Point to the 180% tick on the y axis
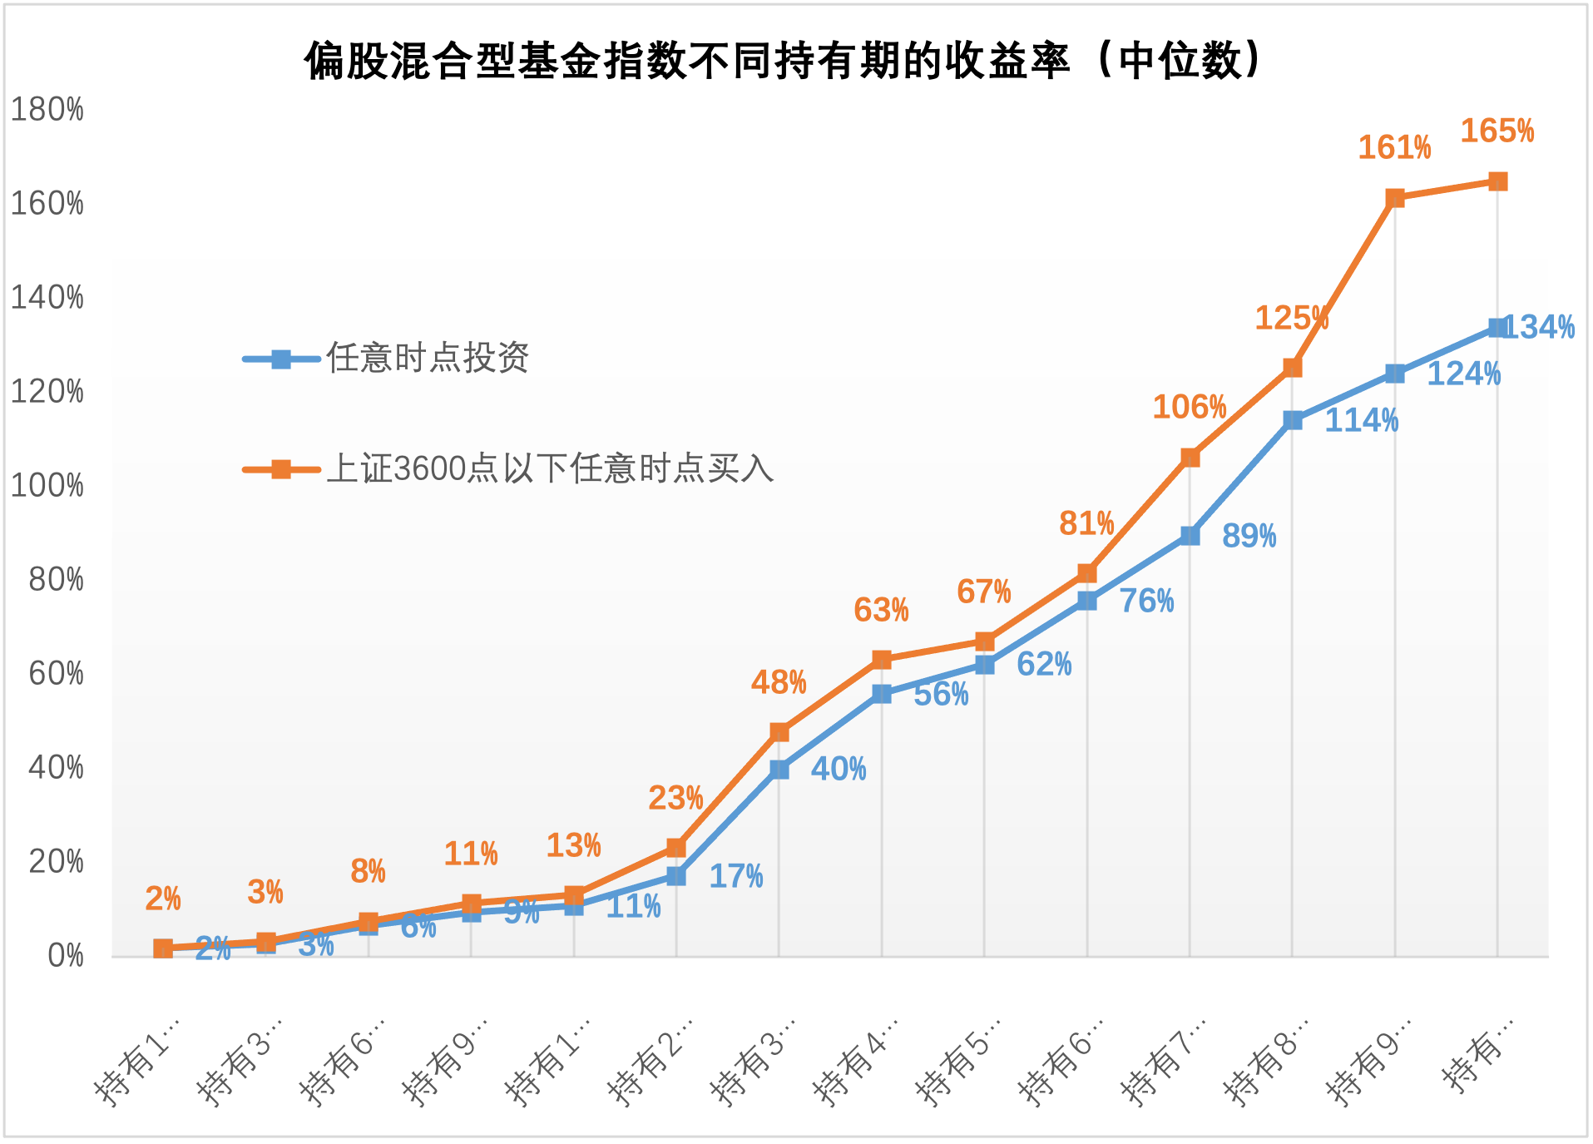point(47,110)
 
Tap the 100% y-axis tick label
point(47,486)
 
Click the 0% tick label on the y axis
point(65,956)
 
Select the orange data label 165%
point(1497,131)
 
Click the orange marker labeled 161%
point(1395,198)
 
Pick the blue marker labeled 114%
point(1293,420)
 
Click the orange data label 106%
point(1189,408)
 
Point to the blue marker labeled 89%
point(1190,536)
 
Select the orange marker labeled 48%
point(779,732)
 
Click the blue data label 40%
point(838,770)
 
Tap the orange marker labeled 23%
point(676,848)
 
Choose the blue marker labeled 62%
point(985,665)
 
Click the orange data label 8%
point(368,872)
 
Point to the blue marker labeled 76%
point(1087,601)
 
